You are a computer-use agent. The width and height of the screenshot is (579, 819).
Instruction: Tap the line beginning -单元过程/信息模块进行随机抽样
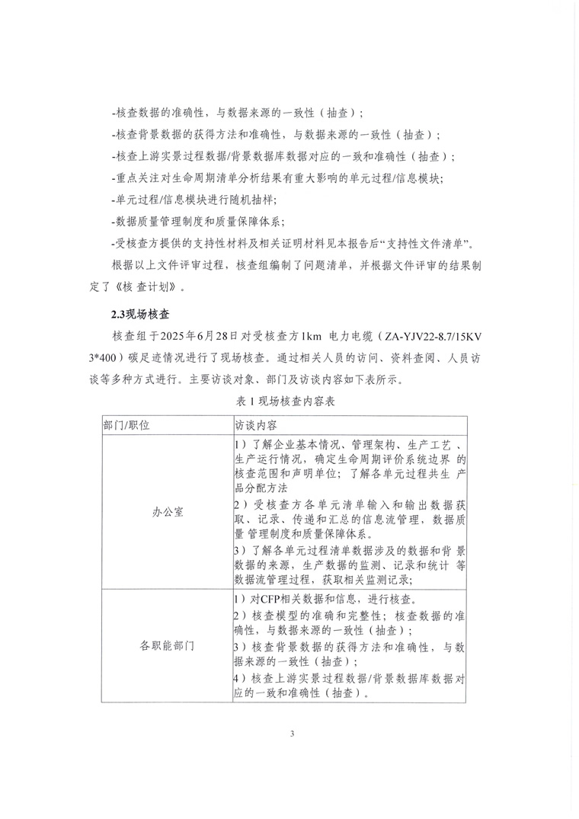click(194, 200)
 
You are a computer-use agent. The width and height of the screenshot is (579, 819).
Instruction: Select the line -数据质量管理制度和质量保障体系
click(197, 222)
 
